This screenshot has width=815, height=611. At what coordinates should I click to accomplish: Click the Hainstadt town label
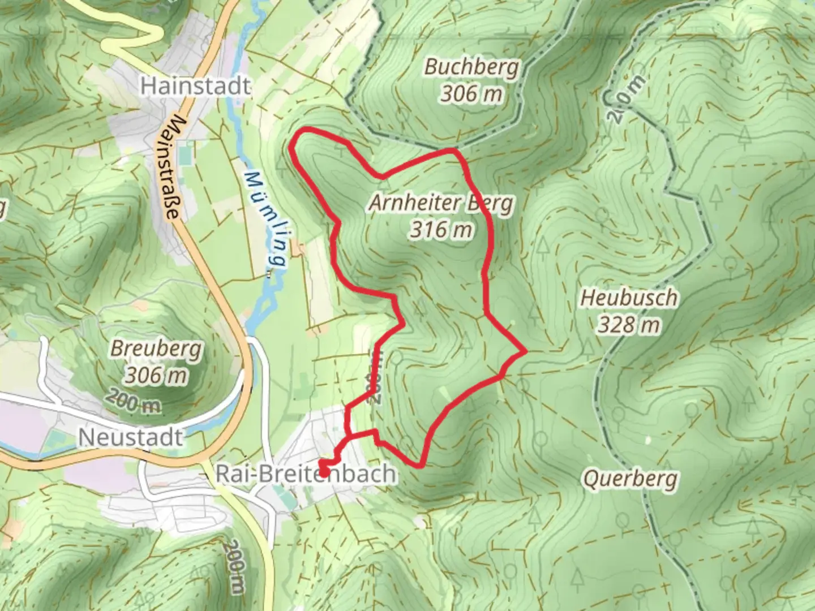coord(195,86)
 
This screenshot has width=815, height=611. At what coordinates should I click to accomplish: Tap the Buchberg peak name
coord(471,67)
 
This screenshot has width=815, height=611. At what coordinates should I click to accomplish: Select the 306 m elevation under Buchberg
coord(471,93)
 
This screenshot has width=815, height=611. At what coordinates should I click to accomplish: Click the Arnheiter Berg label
coord(441,203)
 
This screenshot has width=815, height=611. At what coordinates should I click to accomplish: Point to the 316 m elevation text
coord(441,230)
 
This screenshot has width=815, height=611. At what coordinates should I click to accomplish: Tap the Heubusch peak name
coord(629,298)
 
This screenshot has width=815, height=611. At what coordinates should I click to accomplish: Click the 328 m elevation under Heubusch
coord(629,325)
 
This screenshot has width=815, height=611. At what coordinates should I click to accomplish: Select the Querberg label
coord(630,479)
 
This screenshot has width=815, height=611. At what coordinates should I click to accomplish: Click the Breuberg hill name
coord(156,348)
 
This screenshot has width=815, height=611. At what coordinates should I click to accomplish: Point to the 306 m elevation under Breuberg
coord(156,375)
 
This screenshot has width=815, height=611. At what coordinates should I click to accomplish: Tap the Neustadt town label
coord(131,437)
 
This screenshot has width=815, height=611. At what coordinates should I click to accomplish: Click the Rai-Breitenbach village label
coord(306,474)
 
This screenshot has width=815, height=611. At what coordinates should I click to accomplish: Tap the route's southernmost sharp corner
coord(421,466)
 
